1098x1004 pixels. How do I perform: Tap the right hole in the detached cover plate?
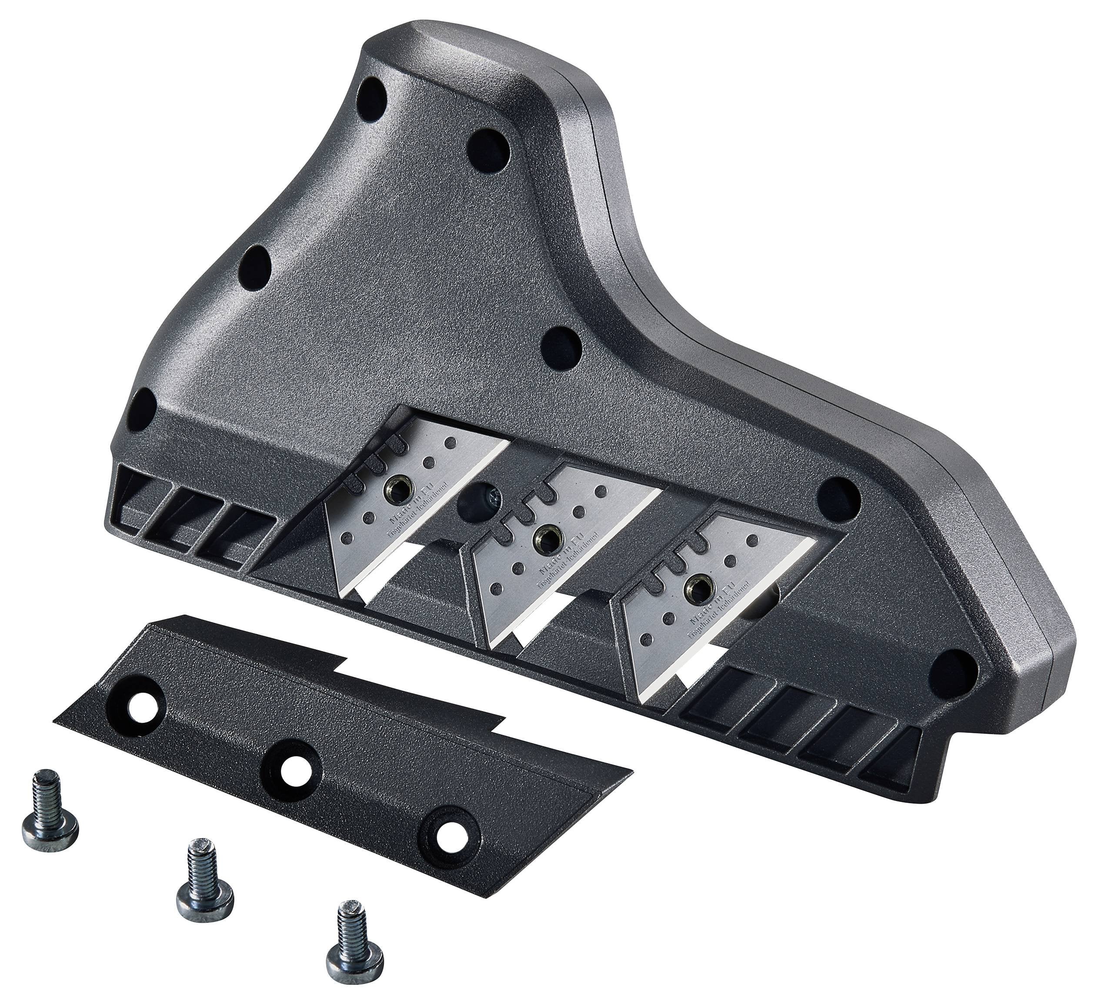[x=450, y=831]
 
